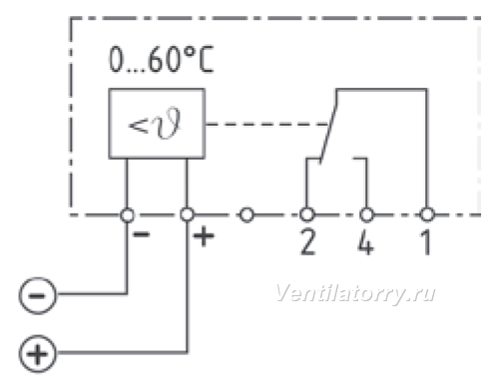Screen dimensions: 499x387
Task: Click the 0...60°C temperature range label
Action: [161, 60]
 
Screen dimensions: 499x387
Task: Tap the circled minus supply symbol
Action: [38, 295]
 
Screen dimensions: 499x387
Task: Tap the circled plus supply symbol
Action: [38, 353]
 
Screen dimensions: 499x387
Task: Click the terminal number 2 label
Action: [307, 242]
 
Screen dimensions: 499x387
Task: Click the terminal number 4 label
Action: [365, 242]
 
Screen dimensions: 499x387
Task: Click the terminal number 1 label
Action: [426, 242]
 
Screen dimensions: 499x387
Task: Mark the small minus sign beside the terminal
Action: [142, 234]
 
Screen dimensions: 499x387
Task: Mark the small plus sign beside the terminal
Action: [204, 236]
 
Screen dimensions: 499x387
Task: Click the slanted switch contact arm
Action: [328, 133]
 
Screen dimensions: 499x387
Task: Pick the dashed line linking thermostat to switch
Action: [266, 125]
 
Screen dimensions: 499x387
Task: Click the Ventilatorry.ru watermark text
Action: [355, 294]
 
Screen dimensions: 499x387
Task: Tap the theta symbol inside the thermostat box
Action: [168, 124]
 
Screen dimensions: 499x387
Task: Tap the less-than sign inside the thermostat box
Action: [138, 127]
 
